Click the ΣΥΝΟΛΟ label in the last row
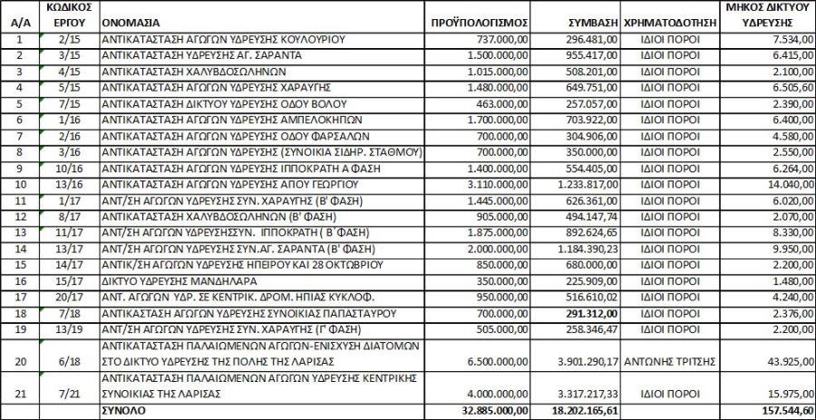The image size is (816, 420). (122, 411)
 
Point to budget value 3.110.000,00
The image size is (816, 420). (493, 183)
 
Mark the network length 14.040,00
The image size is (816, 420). (779, 183)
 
